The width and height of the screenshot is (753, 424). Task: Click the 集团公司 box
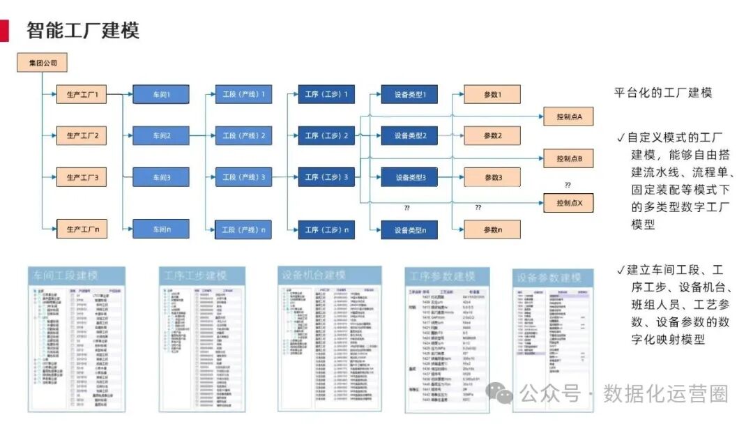(42, 63)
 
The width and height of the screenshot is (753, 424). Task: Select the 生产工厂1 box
(82, 94)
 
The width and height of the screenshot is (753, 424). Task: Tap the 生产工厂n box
(82, 229)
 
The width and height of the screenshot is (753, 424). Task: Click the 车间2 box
(161, 135)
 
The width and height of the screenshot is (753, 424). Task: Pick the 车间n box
(161, 229)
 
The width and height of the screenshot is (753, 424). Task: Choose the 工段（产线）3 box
(243, 177)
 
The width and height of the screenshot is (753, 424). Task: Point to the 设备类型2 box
(410, 135)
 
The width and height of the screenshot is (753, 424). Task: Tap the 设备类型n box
(410, 229)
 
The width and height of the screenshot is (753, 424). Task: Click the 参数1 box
(492, 94)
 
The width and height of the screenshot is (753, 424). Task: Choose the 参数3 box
(492, 177)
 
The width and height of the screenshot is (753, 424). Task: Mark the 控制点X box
(569, 203)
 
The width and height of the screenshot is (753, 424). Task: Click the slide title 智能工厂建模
(83, 31)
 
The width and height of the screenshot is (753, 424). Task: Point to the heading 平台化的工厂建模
(662, 93)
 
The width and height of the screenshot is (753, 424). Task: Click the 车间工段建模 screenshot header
(75, 275)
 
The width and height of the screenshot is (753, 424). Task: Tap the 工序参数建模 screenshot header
(443, 275)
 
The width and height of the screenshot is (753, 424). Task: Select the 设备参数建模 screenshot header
(549, 278)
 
